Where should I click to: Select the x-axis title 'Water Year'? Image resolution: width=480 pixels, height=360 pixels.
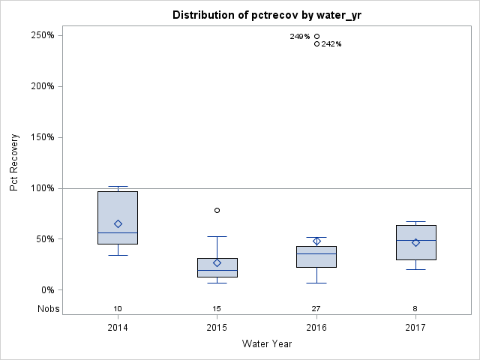pos(266,344)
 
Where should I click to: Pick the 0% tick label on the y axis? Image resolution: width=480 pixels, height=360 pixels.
pos(46,290)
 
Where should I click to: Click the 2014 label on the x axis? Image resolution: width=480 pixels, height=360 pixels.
pos(118,328)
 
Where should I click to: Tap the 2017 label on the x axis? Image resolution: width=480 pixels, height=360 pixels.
pos(415,328)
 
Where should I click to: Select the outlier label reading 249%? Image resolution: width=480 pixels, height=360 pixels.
pos(300,36)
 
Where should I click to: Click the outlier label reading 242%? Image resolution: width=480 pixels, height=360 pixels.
pos(331,44)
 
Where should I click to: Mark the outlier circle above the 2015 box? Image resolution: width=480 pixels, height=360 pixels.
pos(217,211)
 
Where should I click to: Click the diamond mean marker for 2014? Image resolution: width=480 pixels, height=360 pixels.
pos(118,223)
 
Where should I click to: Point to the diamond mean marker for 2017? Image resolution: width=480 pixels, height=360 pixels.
pos(415,242)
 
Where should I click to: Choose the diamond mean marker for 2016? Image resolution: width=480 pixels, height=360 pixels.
pos(316,241)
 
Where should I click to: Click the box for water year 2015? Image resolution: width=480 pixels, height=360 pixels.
pos(217,268)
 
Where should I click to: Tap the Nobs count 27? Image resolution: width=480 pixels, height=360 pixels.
pos(316,309)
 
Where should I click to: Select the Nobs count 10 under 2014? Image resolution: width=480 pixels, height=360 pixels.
pos(118,309)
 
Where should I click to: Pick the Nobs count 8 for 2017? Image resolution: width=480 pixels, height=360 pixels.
pos(415,309)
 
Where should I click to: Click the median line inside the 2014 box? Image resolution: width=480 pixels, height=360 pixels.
pos(118,232)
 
